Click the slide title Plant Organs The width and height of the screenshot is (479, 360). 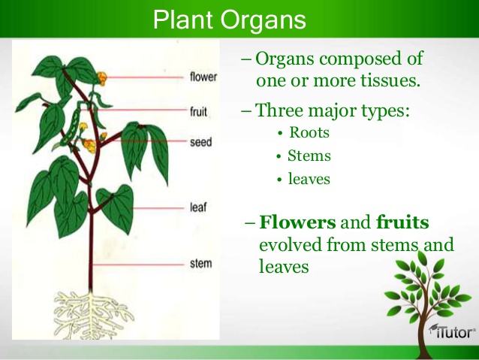pyautogui.click(x=229, y=19)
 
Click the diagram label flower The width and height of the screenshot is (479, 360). pyautogui.click(x=203, y=77)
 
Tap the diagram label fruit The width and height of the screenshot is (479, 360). pyautogui.click(x=199, y=112)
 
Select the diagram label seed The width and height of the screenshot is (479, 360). pyautogui.click(x=200, y=141)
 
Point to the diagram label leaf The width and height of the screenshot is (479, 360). pyautogui.click(x=198, y=206)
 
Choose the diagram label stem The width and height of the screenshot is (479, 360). pyautogui.click(x=200, y=264)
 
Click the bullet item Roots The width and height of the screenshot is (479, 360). pyautogui.click(x=309, y=133)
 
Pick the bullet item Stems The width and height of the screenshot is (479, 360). pyautogui.click(x=310, y=156)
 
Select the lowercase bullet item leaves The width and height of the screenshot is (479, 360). pyautogui.click(x=309, y=180)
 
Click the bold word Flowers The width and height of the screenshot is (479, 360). pyautogui.click(x=297, y=222)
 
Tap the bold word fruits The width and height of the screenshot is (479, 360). pyautogui.click(x=402, y=222)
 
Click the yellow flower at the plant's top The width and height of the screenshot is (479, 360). pyautogui.click(x=102, y=75)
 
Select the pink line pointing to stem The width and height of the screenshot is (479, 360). pyautogui.click(x=142, y=265)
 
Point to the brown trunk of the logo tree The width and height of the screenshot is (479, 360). pyautogui.click(x=420, y=316)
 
